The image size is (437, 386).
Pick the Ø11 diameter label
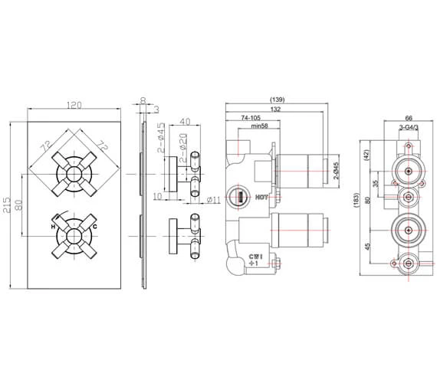tap(215, 200)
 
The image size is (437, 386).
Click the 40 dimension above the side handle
tap(185, 121)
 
